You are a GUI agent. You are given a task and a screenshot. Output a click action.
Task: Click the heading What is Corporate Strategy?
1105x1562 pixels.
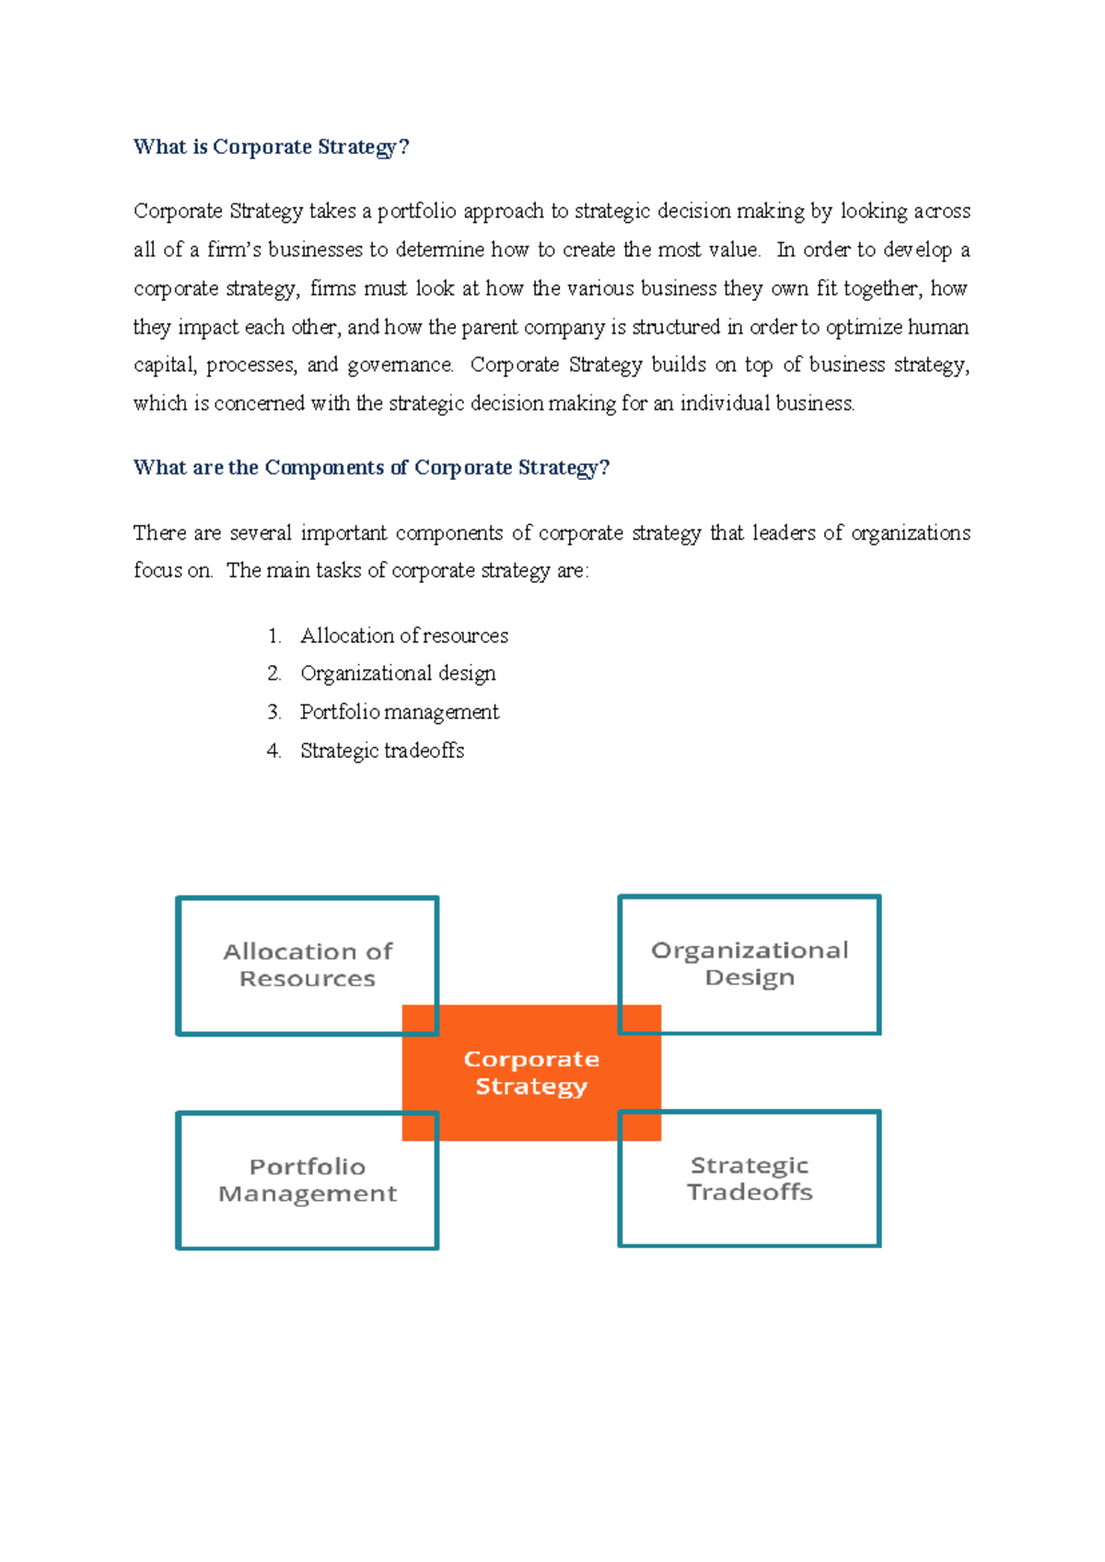point(271,147)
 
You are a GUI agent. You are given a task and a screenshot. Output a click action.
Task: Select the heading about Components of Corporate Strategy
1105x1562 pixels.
point(371,468)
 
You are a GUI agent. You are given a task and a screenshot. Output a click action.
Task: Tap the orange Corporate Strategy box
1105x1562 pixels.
point(531,1073)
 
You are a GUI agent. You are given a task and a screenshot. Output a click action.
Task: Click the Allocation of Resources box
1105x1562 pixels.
point(307,964)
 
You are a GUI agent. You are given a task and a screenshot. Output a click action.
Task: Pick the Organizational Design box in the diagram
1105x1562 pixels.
point(750,963)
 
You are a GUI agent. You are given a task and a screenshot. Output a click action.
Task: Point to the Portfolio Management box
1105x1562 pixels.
point(307,1180)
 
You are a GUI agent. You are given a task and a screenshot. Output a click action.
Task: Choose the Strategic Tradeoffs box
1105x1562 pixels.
point(750,1179)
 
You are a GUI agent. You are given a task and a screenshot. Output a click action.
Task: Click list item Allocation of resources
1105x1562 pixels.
point(403,635)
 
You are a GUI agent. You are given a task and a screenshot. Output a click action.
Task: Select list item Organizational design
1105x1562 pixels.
point(398,673)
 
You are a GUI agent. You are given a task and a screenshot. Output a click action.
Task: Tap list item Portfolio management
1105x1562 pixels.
point(399,712)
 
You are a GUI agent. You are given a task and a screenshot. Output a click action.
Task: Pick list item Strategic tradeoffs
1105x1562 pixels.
point(381,751)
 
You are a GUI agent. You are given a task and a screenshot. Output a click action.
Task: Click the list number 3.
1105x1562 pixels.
point(273,712)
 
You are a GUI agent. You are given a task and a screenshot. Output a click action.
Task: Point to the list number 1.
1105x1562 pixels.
point(273,635)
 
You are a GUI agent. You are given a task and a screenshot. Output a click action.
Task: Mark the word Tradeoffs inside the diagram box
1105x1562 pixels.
point(750,1193)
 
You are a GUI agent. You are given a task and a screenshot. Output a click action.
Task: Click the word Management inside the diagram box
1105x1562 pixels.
point(308,1194)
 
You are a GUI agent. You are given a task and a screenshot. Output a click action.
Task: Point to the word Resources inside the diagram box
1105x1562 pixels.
point(308,979)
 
